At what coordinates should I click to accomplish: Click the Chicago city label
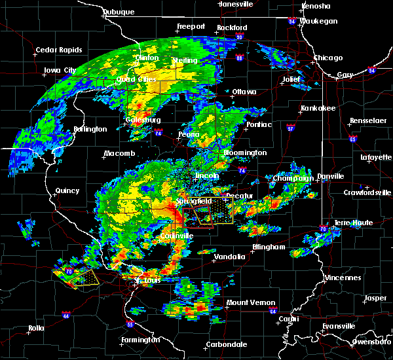[x=327, y=58]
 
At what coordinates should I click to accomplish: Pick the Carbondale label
[x=227, y=344]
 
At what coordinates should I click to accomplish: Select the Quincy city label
[x=67, y=191]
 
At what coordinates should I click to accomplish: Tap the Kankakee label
[x=318, y=108]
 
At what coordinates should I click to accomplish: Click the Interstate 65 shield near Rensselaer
[x=353, y=139]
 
